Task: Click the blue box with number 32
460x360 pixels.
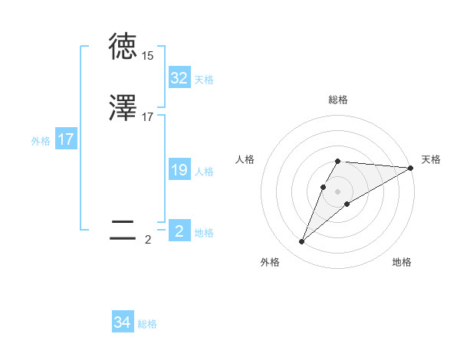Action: click(179, 78)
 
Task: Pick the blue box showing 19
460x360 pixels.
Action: click(179, 170)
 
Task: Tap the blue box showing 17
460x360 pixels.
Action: click(66, 139)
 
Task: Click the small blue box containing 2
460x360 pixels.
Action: click(179, 231)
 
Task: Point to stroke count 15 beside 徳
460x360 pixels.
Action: click(147, 56)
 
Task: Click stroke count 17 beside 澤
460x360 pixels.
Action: click(147, 117)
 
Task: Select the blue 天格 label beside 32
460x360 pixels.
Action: click(204, 79)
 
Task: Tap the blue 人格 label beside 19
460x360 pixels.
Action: click(204, 172)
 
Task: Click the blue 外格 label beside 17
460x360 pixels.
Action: click(41, 141)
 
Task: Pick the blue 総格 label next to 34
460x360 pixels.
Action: click(147, 324)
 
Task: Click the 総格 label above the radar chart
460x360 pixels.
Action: click(338, 100)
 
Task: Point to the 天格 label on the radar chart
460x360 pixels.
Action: click(431, 159)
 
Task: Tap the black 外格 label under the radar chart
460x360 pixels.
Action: click(270, 262)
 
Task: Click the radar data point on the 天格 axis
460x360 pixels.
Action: click(411, 169)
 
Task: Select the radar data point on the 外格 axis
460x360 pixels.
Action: click(302, 242)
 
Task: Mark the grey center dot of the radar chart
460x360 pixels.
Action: click(338, 191)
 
